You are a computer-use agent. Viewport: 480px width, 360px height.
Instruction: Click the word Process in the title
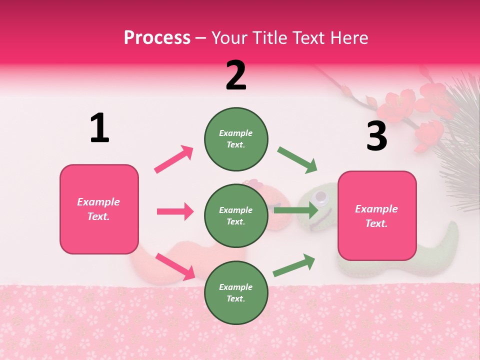(157, 37)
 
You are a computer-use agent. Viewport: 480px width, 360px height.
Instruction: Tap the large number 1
(99, 128)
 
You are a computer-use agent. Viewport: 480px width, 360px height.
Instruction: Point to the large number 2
(236, 75)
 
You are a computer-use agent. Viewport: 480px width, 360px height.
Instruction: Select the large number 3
(376, 136)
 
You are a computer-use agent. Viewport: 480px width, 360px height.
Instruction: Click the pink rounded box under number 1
(99, 209)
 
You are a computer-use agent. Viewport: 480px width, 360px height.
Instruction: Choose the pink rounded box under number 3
(377, 215)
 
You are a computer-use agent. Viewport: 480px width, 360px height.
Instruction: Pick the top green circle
(236, 139)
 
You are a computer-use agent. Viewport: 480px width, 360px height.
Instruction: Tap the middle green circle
(236, 215)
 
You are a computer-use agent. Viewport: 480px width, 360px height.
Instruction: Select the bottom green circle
(236, 292)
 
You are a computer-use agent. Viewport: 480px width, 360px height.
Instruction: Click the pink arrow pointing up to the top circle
(173, 159)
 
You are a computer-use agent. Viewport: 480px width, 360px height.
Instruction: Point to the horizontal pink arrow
(175, 211)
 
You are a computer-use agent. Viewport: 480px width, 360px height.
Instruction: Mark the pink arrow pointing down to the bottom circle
(175, 266)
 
